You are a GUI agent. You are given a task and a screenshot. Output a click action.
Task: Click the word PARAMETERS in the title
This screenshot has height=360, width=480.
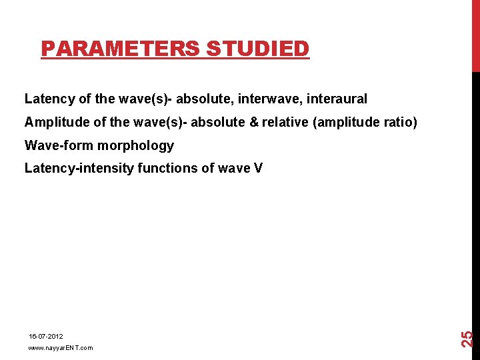pyautogui.click(x=121, y=49)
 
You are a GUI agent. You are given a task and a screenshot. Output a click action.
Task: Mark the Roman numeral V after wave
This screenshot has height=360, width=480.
pyautogui.click(x=258, y=168)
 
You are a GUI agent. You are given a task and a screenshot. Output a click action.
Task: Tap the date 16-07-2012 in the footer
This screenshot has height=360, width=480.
pyautogui.click(x=45, y=337)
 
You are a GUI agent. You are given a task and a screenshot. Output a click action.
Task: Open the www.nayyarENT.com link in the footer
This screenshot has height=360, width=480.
pyautogui.click(x=60, y=348)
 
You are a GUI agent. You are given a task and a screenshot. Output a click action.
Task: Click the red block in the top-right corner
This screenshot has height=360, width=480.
pyautogui.click(x=475, y=35)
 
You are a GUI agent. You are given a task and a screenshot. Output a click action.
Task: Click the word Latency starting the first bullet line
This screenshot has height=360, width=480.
pyautogui.click(x=49, y=99)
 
